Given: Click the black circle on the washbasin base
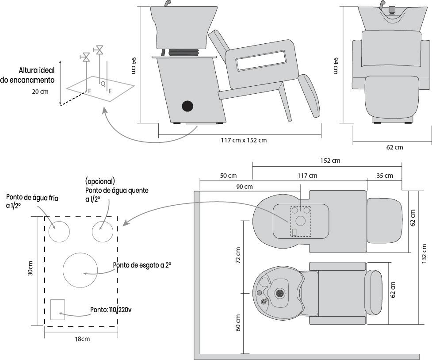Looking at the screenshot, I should pos(188,106).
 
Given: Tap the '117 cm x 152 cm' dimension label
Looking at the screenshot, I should pos(244,140).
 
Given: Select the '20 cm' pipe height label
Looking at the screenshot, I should pos(40,92).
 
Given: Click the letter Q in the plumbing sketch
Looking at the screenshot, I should pos(103,83).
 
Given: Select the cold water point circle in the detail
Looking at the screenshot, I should pos(59,231).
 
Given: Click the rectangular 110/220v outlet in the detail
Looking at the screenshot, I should pos(57,310).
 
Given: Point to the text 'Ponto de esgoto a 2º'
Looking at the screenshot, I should pos(142,265).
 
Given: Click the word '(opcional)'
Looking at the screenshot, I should pos(100,181).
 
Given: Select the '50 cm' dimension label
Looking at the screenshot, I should pos(228,176).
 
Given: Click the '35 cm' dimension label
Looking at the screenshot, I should pos(384,176).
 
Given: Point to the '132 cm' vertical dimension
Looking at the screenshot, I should pos(424,254).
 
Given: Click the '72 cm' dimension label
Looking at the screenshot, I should pos(238,257).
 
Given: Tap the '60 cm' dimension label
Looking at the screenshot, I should pos(238,323).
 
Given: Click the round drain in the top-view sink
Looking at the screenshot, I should pos(279,293).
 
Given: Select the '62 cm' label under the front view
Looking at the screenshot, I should pos(394,147).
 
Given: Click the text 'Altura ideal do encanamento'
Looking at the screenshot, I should pos(31,75).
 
